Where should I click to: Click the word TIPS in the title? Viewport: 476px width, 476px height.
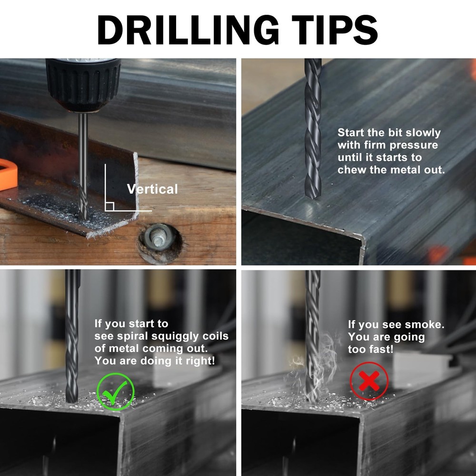pos(331,30)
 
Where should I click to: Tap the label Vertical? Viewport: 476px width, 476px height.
pos(152,189)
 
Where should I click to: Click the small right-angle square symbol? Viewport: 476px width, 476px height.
pos(109,206)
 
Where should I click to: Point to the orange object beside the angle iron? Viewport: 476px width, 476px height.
pos(7,174)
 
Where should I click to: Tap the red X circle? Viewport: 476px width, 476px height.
pos(369,381)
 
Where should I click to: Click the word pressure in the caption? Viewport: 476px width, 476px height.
pos(414,145)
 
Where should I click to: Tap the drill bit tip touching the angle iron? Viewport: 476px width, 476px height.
pos(83,217)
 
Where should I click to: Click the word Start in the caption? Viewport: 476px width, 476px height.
pos(351,133)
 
